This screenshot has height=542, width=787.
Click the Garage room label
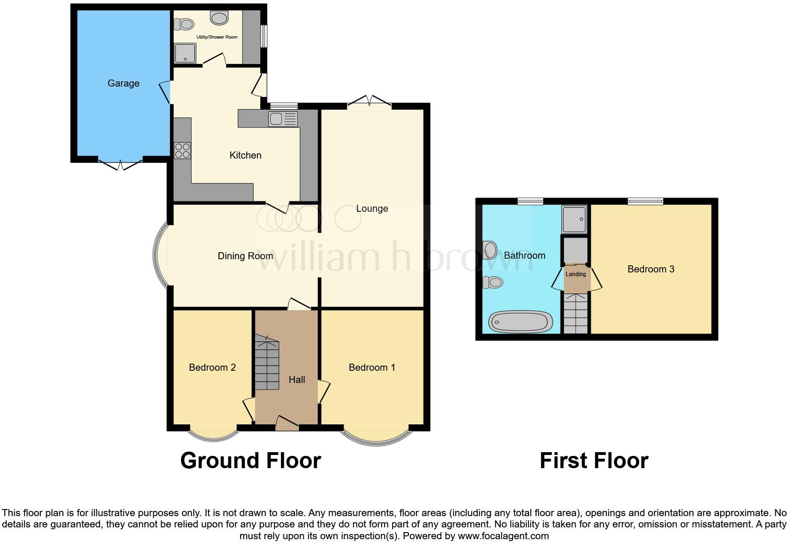coord(123,83)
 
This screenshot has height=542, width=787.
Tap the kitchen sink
coord(282,119)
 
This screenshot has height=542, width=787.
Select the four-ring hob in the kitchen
coord(182,151)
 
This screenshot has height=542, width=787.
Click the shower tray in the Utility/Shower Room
coord(185,53)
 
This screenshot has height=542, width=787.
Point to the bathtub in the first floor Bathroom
coord(520,322)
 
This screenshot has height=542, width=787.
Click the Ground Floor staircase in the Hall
coord(267,362)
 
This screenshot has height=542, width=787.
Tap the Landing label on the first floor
coord(576,274)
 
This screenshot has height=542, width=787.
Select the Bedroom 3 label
coord(650,269)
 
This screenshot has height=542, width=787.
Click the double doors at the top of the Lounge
coord(369,101)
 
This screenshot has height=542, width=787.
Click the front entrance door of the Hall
coord(287,423)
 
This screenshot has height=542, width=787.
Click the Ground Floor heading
coord(250,460)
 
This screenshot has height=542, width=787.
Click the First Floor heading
coord(594,460)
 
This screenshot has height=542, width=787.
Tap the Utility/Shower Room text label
coord(217,37)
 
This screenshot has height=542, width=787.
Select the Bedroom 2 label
coord(212,367)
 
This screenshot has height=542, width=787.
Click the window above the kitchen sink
coord(283,105)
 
